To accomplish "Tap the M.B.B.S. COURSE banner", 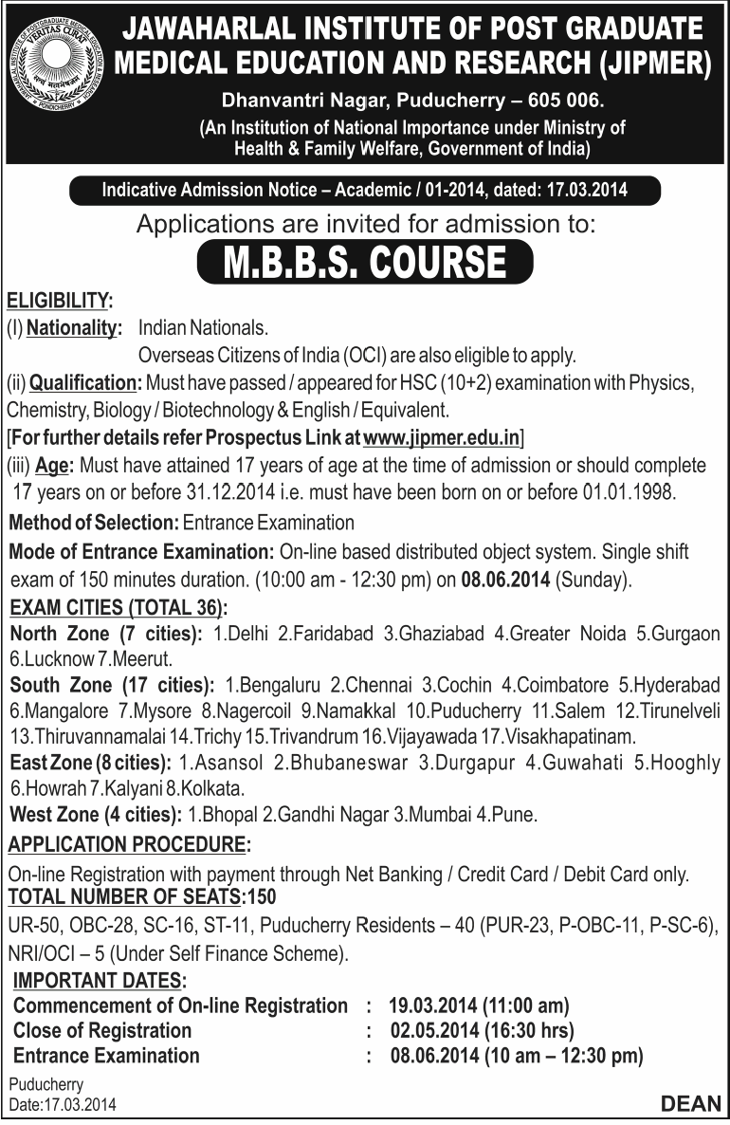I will point(365,262).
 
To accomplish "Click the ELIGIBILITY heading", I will point(58,302).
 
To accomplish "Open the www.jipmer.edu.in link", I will point(442,438).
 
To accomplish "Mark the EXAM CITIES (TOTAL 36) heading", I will point(119,607).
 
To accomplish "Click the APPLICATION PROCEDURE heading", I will point(130,845).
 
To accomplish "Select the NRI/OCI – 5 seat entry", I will point(56,950).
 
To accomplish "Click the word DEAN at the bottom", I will point(691,1103).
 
